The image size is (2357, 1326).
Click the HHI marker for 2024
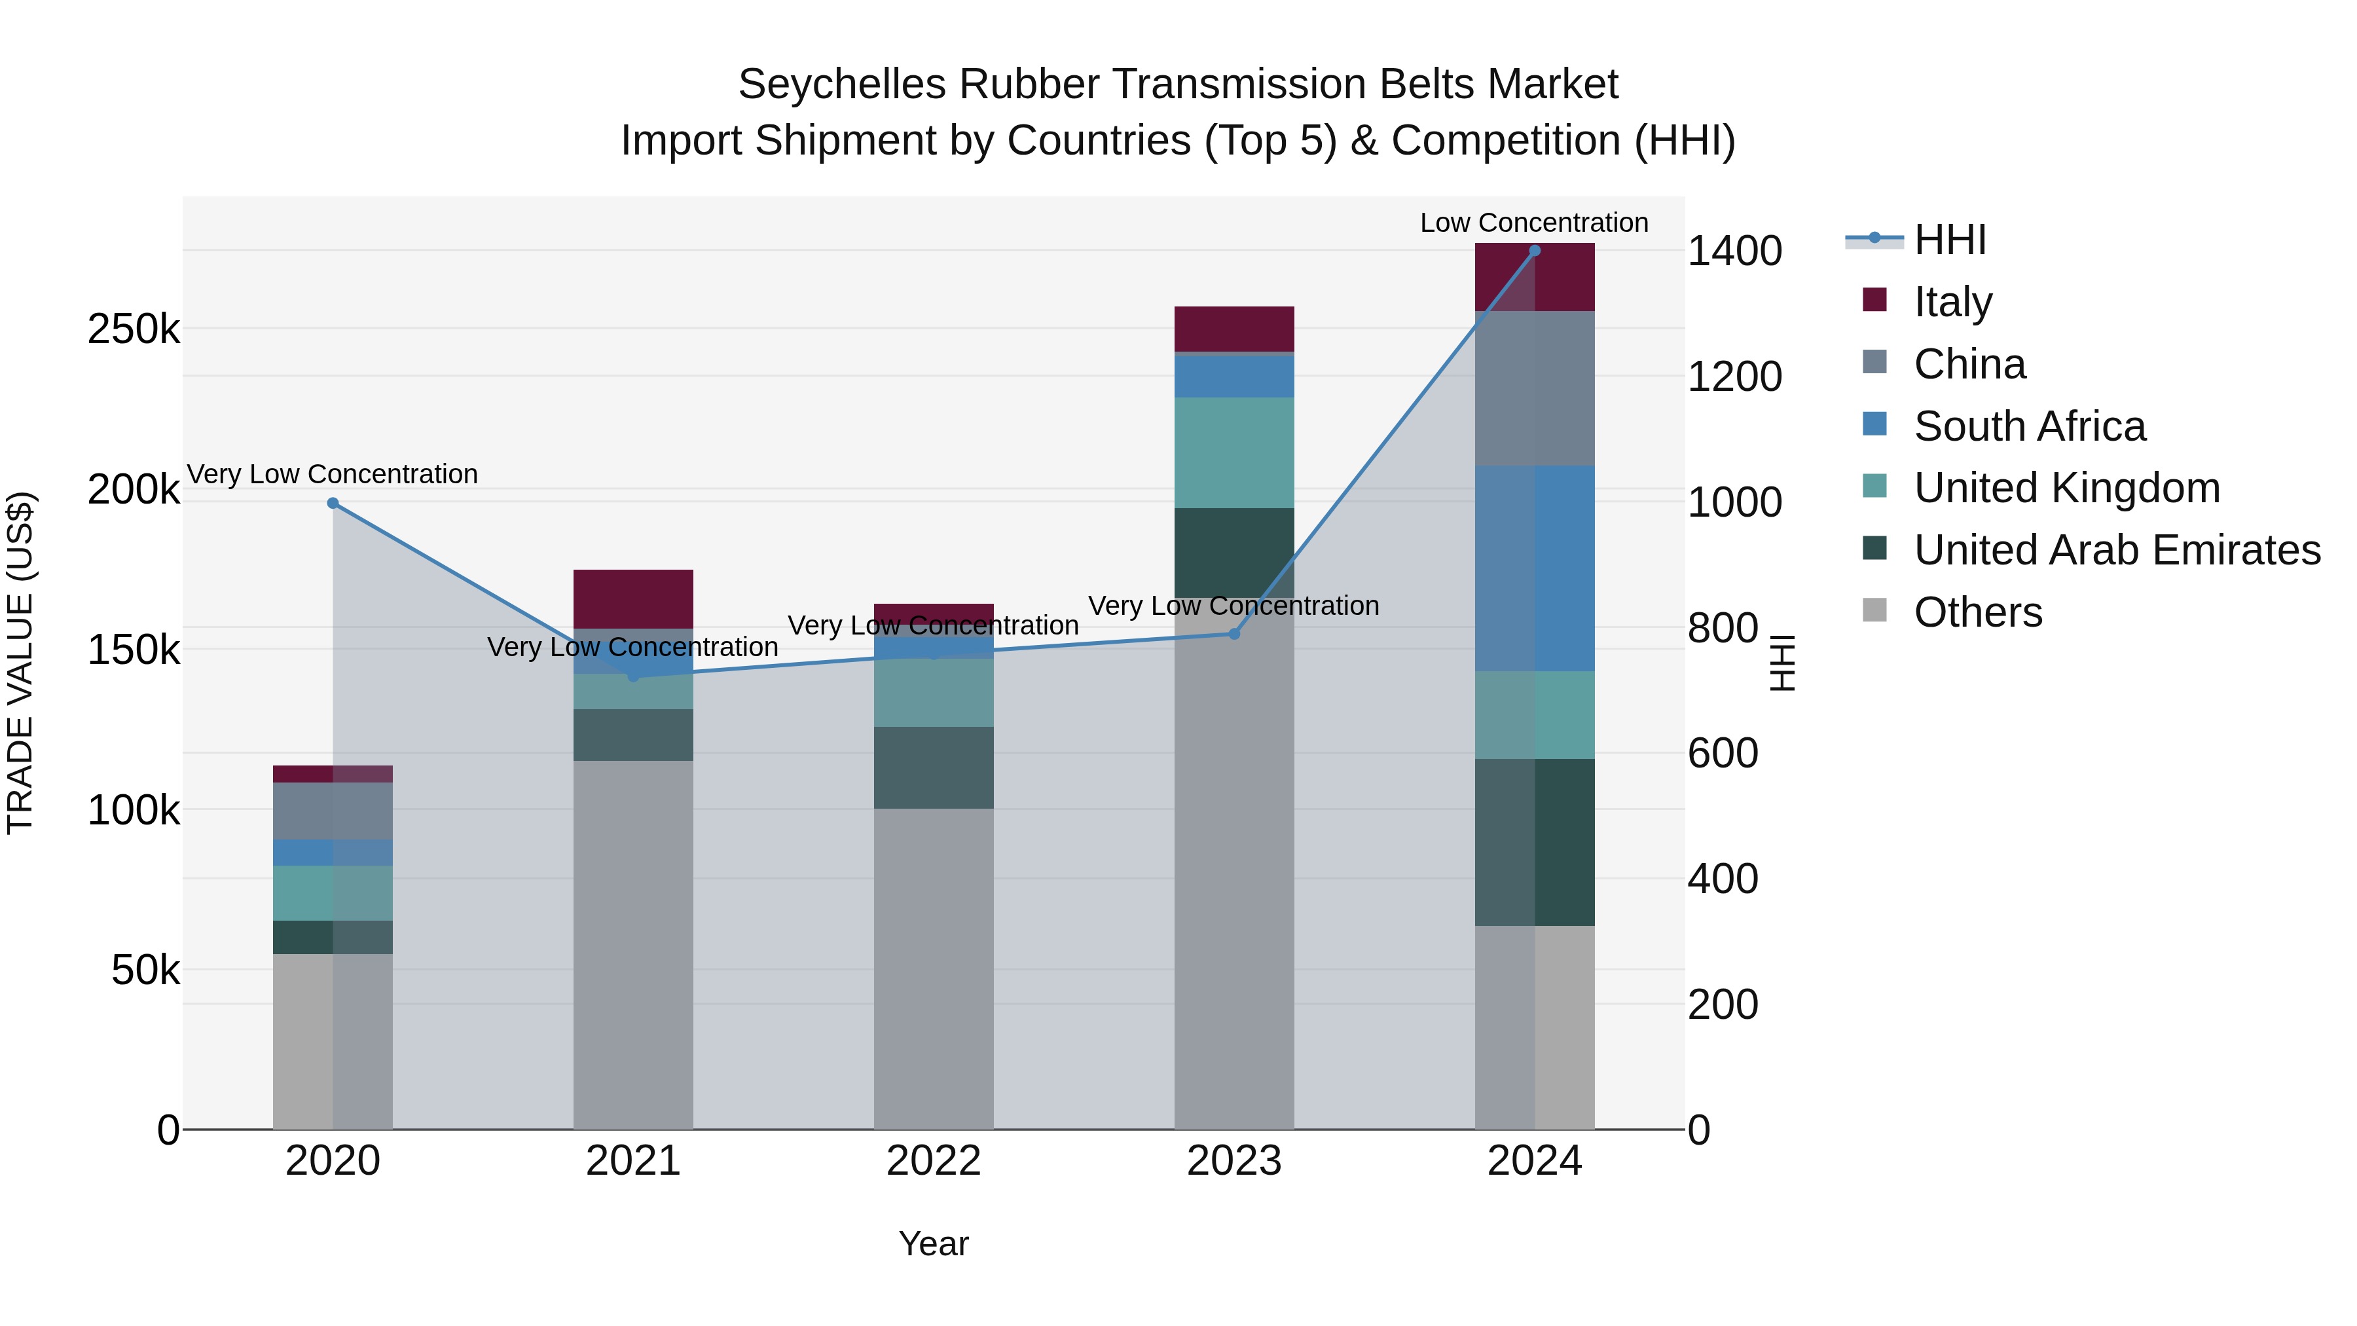click(1535, 251)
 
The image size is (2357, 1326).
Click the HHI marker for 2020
click(333, 504)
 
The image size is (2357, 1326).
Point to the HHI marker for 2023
click(1233, 633)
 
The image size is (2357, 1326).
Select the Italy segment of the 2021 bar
click(633, 599)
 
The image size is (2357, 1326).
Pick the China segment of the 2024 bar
click(1535, 388)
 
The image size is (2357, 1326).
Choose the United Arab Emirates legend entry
click(2116, 551)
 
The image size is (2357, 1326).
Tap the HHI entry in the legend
click(1949, 240)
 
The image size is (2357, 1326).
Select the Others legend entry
click(1977, 613)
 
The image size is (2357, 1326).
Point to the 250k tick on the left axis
click(134, 329)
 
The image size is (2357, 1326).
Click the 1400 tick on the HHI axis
click(1734, 251)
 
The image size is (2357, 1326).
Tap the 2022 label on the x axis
click(933, 1161)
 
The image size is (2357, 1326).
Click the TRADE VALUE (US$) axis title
click(20, 663)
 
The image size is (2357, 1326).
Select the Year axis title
click(933, 1243)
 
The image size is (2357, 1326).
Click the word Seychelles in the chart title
click(842, 84)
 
